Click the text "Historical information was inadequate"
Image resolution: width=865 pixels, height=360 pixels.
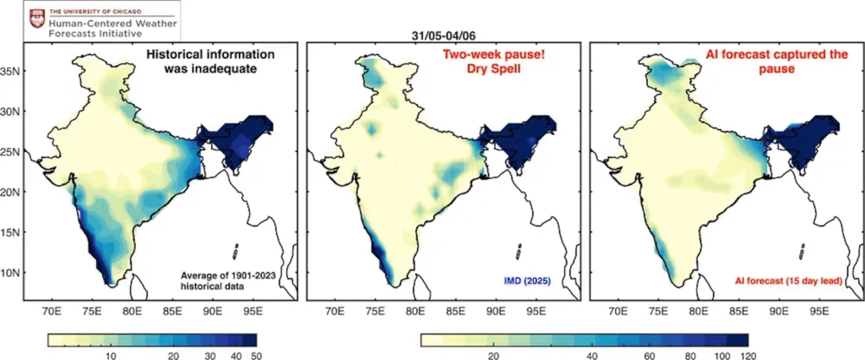pos(211,62)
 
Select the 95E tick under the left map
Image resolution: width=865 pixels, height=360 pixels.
pos(252,311)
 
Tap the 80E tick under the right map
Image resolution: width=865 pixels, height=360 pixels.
pos(698,311)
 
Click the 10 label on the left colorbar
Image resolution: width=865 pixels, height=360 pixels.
pos(110,357)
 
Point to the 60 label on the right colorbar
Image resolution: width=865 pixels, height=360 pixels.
pos(648,357)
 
